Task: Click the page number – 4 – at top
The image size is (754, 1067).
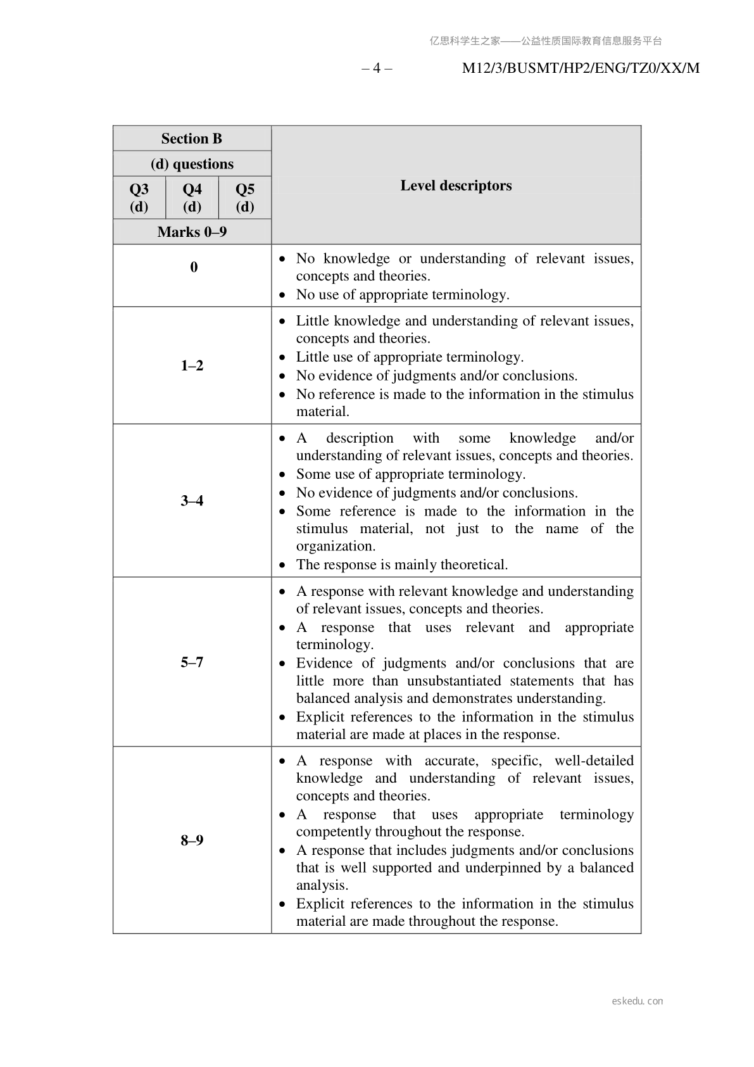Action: [x=377, y=68]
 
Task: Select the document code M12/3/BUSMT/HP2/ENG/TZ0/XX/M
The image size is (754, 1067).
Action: [x=581, y=68]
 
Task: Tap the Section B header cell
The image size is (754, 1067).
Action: [x=192, y=139]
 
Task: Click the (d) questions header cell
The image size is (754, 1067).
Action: [x=192, y=164]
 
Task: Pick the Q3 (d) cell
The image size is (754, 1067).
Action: [x=139, y=198]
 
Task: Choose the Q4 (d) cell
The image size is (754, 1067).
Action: [x=192, y=198]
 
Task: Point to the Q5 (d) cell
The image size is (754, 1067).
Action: [x=245, y=198]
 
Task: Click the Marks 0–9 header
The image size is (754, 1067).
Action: [x=192, y=232]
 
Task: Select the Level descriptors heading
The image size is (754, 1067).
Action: [x=456, y=186]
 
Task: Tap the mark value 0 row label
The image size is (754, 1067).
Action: [x=194, y=267]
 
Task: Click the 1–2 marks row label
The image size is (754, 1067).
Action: [x=192, y=365]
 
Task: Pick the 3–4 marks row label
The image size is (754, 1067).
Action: [x=192, y=501]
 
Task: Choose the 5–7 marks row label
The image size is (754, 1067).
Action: [x=192, y=662]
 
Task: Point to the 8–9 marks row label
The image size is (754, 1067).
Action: [x=192, y=840]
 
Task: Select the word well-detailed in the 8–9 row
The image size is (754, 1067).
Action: [x=594, y=761]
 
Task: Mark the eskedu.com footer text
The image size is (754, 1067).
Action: [x=638, y=1001]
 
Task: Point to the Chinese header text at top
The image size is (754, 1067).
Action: [x=546, y=41]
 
